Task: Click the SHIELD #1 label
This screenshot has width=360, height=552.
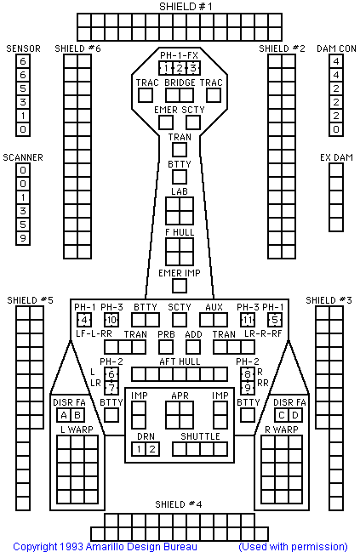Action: [x=186, y=7]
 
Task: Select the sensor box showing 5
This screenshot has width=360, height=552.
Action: [x=23, y=88]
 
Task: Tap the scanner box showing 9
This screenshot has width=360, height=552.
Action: [x=23, y=238]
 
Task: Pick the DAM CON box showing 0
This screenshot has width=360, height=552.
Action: [x=336, y=129]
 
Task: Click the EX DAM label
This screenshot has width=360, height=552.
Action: [x=336, y=157]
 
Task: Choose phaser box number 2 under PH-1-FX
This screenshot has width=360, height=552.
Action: [x=180, y=68]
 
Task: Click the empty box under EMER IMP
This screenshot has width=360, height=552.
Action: [x=180, y=286]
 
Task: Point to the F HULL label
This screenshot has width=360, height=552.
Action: [x=180, y=232]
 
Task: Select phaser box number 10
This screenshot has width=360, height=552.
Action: [x=111, y=320]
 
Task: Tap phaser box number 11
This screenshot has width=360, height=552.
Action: [x=248, y=320]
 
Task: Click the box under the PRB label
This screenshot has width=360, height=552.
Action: [x=166, y=347]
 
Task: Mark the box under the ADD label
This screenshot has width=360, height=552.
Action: [x=193, y=347]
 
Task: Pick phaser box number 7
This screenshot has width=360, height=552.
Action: [x=111, y=388]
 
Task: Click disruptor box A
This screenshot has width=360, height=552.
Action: [x=64, y=415]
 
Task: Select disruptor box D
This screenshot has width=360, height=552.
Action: [x=295, y=415]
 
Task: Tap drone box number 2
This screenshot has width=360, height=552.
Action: [x=152, y=449]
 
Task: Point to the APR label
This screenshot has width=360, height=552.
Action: [x=180, y=396]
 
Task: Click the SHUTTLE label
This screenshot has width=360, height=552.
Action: [x=200, y=436]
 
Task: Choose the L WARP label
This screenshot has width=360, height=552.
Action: [x=77, y=430]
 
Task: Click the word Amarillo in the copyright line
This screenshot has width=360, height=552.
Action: [x=106, y=546]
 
